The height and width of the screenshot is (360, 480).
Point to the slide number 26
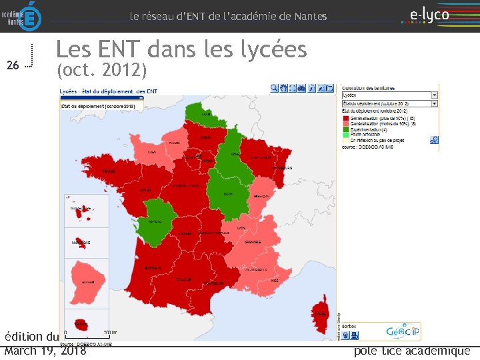tap(12, 65)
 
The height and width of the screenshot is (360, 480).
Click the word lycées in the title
tap(267, 49)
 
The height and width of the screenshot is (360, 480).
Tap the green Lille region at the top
tap(203, 114)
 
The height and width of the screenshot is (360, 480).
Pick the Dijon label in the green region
tap(227, 194)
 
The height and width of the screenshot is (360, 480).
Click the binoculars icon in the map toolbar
tap(301, 88)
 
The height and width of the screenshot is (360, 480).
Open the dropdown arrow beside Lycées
tap(434, 95)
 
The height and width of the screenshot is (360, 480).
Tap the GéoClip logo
tap(402, 331)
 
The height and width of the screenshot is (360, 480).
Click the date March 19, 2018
tap(45, 351)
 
